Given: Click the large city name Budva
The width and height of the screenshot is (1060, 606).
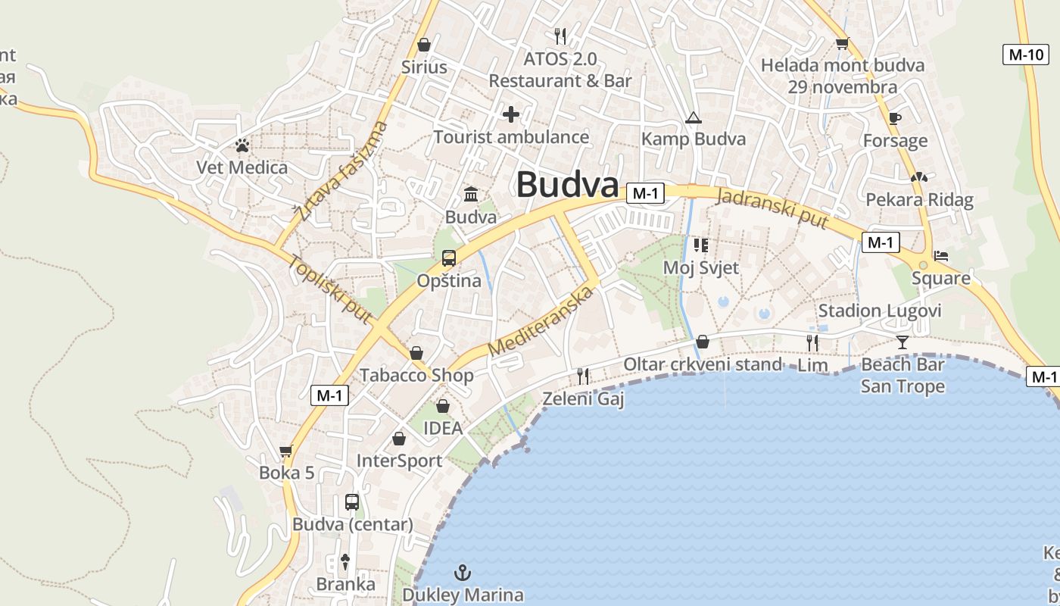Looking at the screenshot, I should click(x=567, y=185).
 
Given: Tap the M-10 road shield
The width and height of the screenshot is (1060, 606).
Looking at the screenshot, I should click(x=1026, y=55).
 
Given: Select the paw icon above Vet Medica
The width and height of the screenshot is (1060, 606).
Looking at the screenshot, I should click(x=242, y=145).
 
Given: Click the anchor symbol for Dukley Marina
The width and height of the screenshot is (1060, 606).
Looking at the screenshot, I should click(x=462, y=572).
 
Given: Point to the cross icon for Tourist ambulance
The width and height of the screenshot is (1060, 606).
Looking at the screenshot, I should click(x=511, y=114).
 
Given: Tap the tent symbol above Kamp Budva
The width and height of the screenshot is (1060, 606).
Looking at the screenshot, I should click(x=693, y=117).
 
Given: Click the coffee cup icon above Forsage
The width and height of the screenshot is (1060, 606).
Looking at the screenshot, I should click(x=895, y=118).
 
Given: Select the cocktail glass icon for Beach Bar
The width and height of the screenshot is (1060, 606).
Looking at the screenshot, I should click(x=902, y=342).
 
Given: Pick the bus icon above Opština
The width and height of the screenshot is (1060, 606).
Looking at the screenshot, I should click(x=448, y=258).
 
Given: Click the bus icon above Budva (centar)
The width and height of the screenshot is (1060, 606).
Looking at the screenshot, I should click(x=352, y=501).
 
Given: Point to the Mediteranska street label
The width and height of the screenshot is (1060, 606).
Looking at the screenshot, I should click(x=539, y=320).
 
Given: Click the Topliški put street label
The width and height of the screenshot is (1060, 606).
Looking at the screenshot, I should click(x=330, y=291).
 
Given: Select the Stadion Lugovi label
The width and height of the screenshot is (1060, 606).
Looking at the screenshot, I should click(x=880, y=311).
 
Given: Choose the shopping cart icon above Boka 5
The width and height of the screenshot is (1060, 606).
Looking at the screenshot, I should click(x=286, y=451).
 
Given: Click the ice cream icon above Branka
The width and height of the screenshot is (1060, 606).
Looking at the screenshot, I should click(x=345, y=562).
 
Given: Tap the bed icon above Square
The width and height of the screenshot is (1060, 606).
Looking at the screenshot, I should click(x=941, y=256).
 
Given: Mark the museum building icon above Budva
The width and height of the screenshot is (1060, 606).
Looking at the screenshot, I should click(x=471, y=195).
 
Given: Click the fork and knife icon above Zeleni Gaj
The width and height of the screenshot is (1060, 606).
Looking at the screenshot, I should click(x=583, y=376).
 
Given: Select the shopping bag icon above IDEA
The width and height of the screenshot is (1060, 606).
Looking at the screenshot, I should click(x=443, y=406).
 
